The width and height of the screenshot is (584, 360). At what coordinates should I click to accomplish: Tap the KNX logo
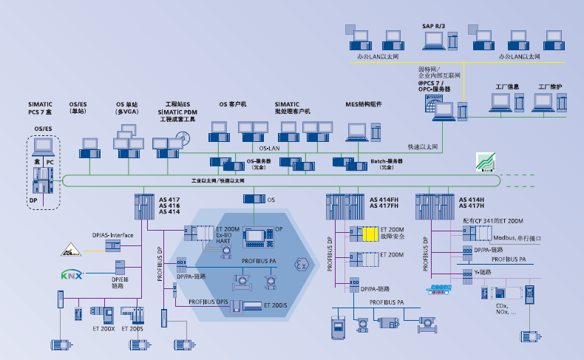(72, 275)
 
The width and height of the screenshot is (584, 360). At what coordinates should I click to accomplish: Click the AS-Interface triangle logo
(72, 249)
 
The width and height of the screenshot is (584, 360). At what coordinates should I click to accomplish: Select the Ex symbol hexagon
(300, 264)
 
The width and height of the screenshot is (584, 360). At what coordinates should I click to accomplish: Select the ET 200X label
(103, 328)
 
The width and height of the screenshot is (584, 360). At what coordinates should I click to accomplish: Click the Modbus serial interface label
(521, 238)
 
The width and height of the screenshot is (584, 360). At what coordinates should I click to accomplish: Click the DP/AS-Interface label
(112, 234)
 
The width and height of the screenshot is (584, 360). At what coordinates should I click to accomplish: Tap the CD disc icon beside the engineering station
(182, 137)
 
